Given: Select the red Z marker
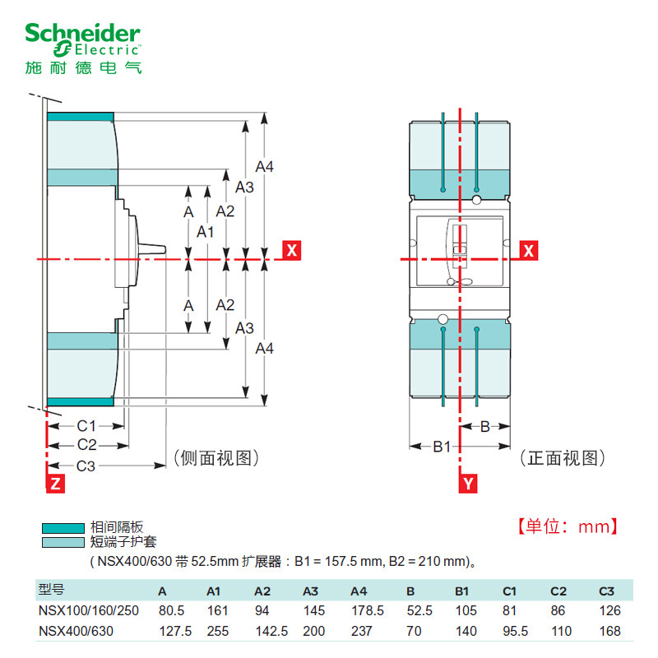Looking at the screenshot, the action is [54, 484].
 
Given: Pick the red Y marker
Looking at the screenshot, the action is [466, 484].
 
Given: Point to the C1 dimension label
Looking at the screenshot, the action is [87, 426].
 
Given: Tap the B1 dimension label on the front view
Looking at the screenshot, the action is [443, 447].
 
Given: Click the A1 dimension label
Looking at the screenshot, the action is [206, 232].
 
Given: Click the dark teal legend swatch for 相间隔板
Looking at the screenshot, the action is [63, 529].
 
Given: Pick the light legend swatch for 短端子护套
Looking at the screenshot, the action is [63, 543].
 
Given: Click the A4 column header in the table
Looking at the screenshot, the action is [359, 591].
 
